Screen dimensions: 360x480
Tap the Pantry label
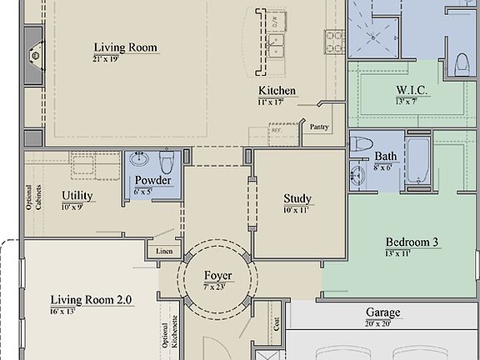click(319, 127)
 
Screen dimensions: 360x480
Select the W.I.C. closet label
click(412, 90)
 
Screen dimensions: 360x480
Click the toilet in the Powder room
click(166, 160)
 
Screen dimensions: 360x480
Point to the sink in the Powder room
click(138, 160)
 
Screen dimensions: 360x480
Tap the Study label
click(297, 198)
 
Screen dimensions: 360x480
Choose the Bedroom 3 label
click(412, 242)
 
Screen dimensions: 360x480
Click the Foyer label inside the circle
click(217, 276)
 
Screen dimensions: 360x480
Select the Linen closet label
click(163, 252)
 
